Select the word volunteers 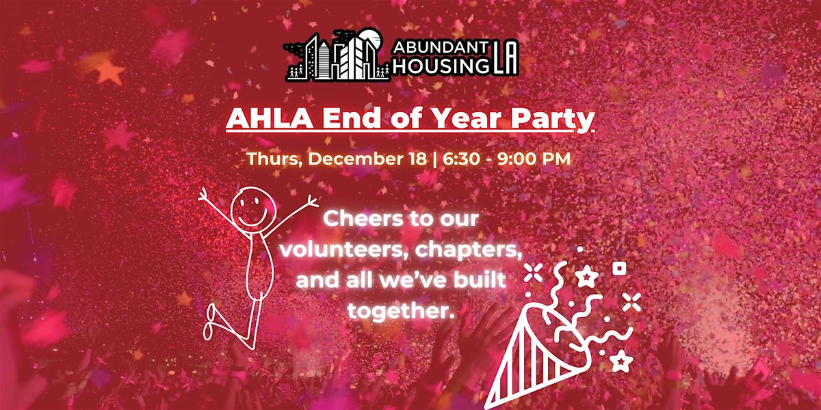335,251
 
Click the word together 401,311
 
